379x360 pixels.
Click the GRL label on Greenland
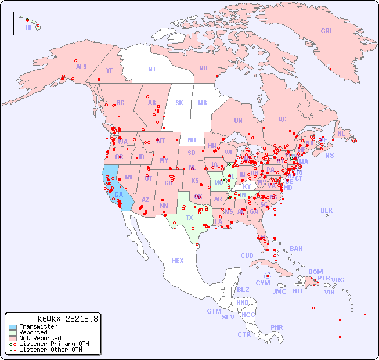pyautogui.click(x=327, y=31)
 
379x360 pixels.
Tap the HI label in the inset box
pyautogui.click(x=28, y=27)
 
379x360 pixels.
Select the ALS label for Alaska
pyautogui.click(x=81, y=67)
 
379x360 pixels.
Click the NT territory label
pyautogui.click(x=151, y=69)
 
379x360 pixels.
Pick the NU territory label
pyautogui.click(x=203, y=68)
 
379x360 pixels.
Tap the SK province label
pyautogui.click(x=179, y=103)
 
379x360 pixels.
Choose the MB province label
pyautogui.click(x=203, y=103)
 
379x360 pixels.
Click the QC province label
pyautogui.click(x=282, y=119)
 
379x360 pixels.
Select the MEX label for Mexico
pyautogui.click(x=178, y=261)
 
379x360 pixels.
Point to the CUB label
pyautogui.click(x=247, y=255)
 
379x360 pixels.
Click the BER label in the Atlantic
pyautogui.click(x=326, y=210)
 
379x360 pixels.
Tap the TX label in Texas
pyautogui.click(x=189, y=218)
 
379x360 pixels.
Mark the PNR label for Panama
pyautogui.click(x=277, y=327)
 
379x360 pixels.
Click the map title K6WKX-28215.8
pyautogui.click(x=68, y=318)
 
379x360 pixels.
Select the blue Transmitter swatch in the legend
pyautogui.click(x=12, y=327)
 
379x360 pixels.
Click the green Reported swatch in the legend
pyautogui.click(x=12, y=333)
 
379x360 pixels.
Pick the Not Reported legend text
pyautogui.click(x=40, y=338)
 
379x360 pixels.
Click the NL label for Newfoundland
pyautogui.click(x=341, y=133)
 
